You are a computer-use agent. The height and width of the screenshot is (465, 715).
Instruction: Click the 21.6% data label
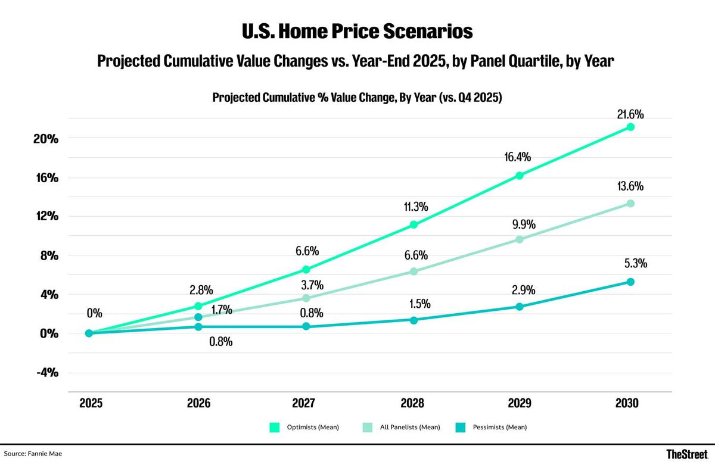click(630, 114)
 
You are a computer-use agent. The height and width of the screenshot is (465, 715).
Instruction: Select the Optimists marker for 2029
click(520, 176)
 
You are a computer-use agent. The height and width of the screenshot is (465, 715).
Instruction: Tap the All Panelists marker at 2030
click(630, 204)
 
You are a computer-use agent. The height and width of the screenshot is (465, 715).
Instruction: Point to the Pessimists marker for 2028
click(414, 320)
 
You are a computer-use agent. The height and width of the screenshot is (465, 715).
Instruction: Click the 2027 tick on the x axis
click(303, 403)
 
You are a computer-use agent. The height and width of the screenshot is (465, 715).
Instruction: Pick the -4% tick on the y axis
click(47, 372)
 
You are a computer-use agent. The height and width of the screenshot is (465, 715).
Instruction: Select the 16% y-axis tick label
click(47, 177)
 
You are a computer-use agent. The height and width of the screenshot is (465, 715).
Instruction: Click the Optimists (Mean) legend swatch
click(275, 427)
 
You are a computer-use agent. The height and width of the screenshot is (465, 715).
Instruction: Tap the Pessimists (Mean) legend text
click(500, 427)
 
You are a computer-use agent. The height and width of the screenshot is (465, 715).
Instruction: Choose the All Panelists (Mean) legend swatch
click(368, 427)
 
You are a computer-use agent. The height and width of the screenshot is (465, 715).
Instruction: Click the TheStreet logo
click(687, 454)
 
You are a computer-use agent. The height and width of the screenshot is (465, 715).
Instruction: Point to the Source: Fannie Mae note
click(33, 454)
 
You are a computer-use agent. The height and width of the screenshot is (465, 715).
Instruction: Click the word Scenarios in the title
click(428, 31)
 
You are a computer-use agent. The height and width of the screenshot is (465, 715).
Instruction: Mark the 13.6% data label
click(630, 186)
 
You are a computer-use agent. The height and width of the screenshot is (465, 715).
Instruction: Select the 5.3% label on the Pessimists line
click(636, 264)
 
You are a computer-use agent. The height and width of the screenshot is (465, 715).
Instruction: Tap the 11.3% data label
click(416, 207)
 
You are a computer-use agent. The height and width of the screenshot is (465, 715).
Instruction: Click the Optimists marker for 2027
click(306, 270)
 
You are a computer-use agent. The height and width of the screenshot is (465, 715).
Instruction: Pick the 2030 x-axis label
click(627, 403)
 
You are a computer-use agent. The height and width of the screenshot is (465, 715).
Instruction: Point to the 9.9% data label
click(524, 224)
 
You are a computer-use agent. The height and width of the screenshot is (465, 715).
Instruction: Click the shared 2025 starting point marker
click(89, 333)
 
